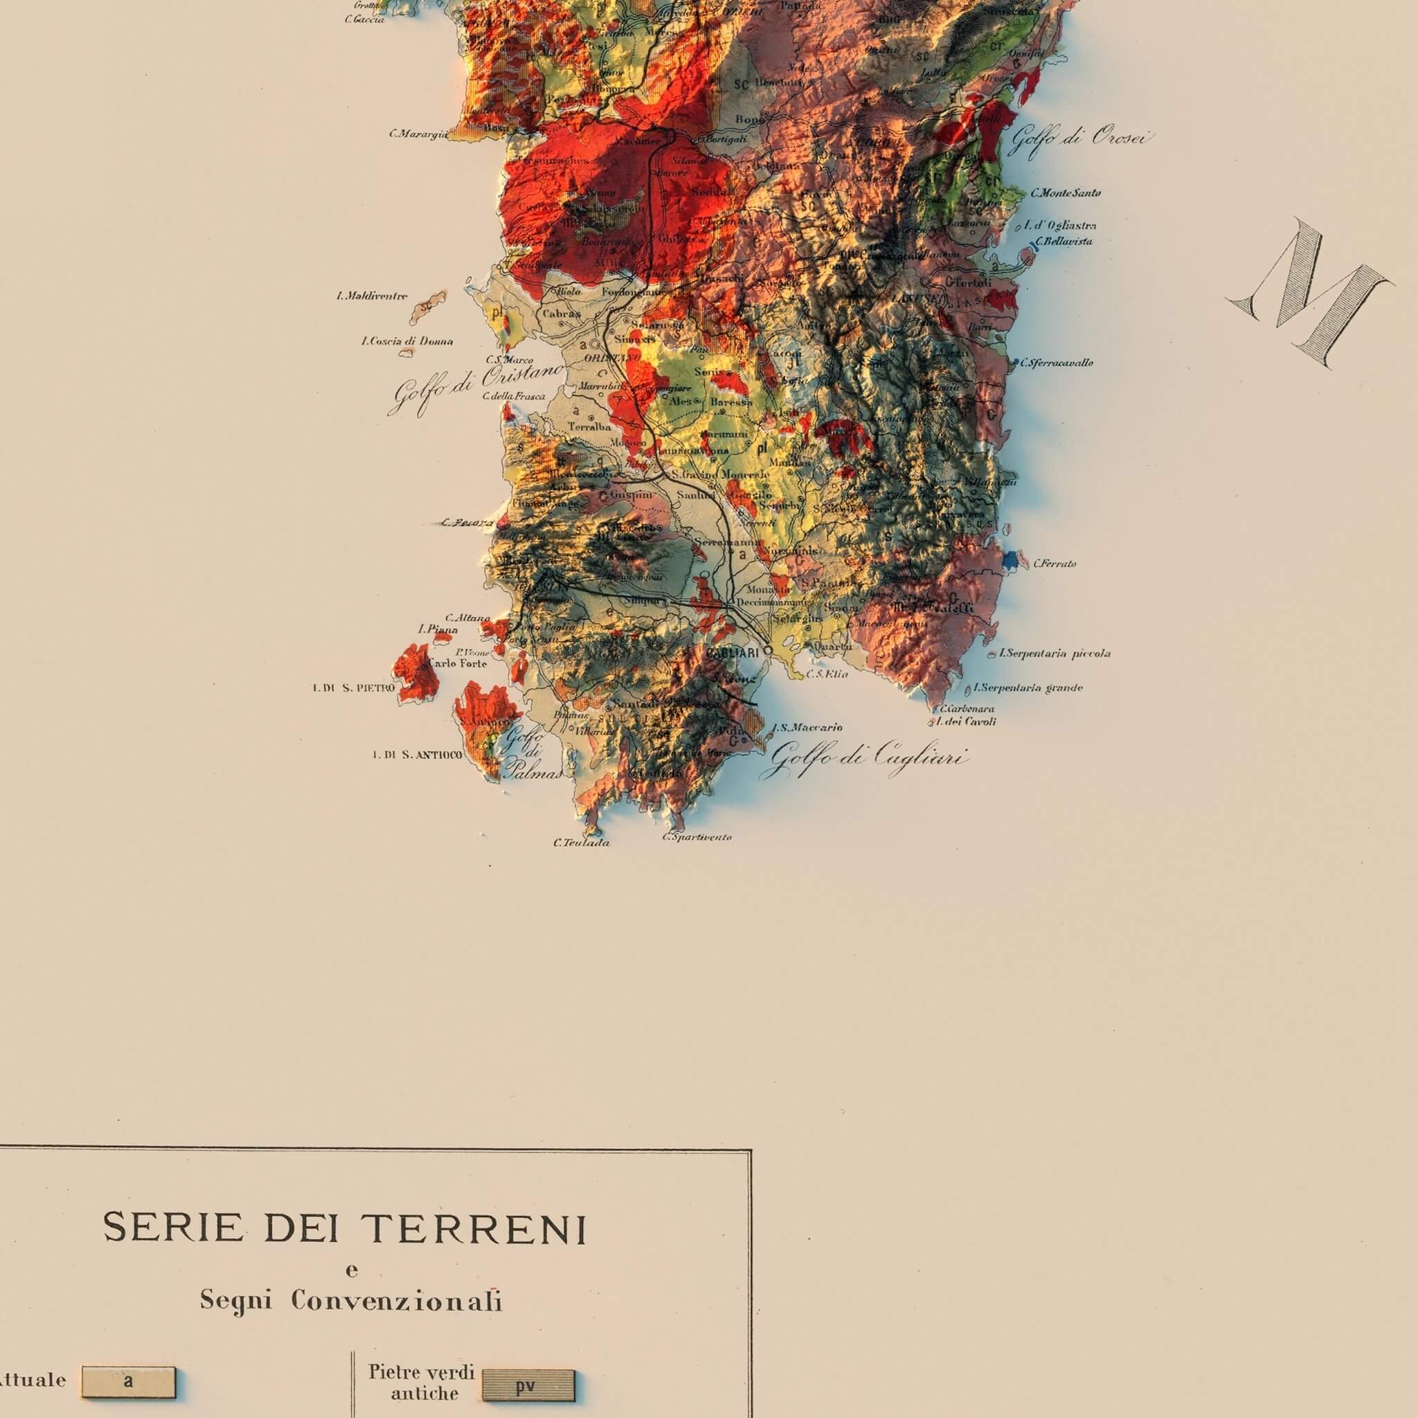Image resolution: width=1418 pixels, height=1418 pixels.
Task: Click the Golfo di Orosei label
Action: (1079, 138)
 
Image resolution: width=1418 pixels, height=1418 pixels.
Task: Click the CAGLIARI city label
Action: (733, 652)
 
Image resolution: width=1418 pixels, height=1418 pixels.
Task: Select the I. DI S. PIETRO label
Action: (353, 688)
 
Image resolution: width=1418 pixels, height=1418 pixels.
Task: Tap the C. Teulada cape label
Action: (582, 843)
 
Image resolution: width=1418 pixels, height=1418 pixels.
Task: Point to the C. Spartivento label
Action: (697, 836)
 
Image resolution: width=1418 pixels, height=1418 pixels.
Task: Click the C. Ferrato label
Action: (1054, 564)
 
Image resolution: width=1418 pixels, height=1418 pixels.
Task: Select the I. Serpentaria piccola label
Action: (1054, 653)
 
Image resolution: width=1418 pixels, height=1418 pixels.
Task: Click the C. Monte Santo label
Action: (1065, 193)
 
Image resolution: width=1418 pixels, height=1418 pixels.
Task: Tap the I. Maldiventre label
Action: (371, 296)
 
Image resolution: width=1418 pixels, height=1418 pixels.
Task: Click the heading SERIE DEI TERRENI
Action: (345, 1228)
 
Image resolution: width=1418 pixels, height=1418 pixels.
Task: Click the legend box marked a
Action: (129, 1382)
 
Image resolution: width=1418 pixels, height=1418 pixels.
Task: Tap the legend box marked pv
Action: (528, 1385)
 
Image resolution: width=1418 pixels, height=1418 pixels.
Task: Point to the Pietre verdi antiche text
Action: (422, 1381)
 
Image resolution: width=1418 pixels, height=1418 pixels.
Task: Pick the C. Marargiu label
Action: (418, 134)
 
